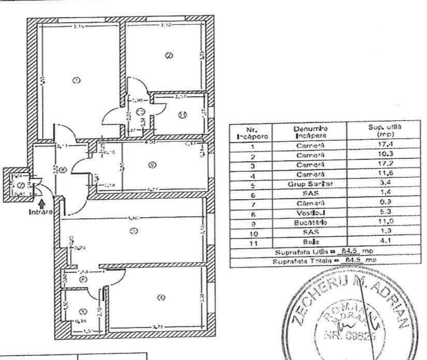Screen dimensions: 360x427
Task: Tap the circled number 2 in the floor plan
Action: coord(168,56)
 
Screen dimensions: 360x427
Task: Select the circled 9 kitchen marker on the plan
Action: coord(151,166)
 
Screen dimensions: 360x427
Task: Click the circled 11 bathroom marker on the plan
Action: coord(182,115)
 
